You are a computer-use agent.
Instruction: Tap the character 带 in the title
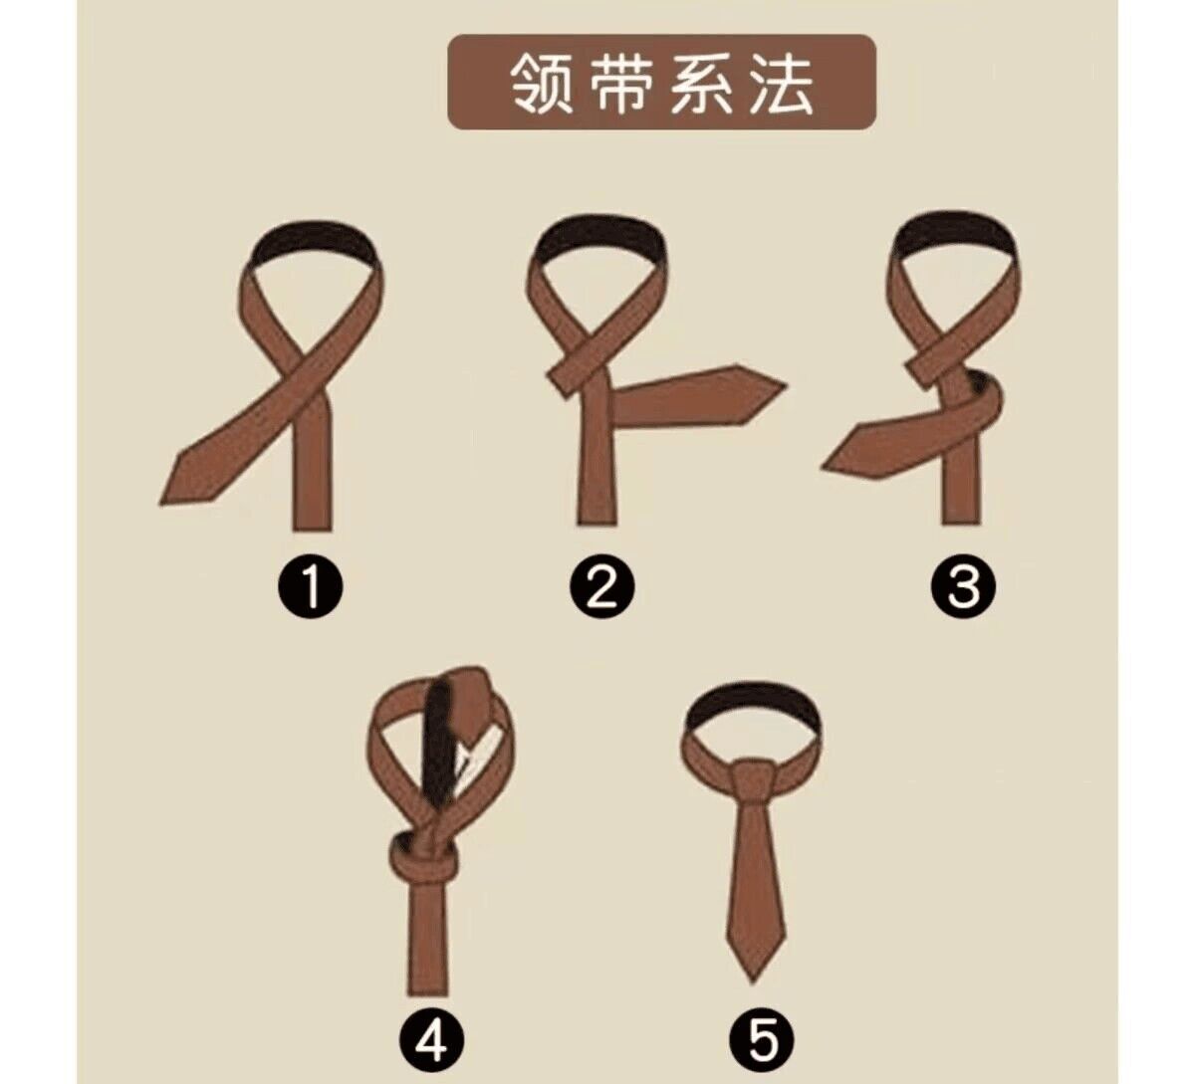(622, 83)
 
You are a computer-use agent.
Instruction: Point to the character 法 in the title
(780, 83)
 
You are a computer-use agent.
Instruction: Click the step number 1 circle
(310, 586)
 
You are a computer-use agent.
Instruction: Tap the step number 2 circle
(601, 586)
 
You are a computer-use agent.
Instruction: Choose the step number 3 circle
(963, 586)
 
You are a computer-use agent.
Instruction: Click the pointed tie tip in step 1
(162, 501)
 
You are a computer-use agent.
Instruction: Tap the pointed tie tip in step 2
(785, 384)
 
